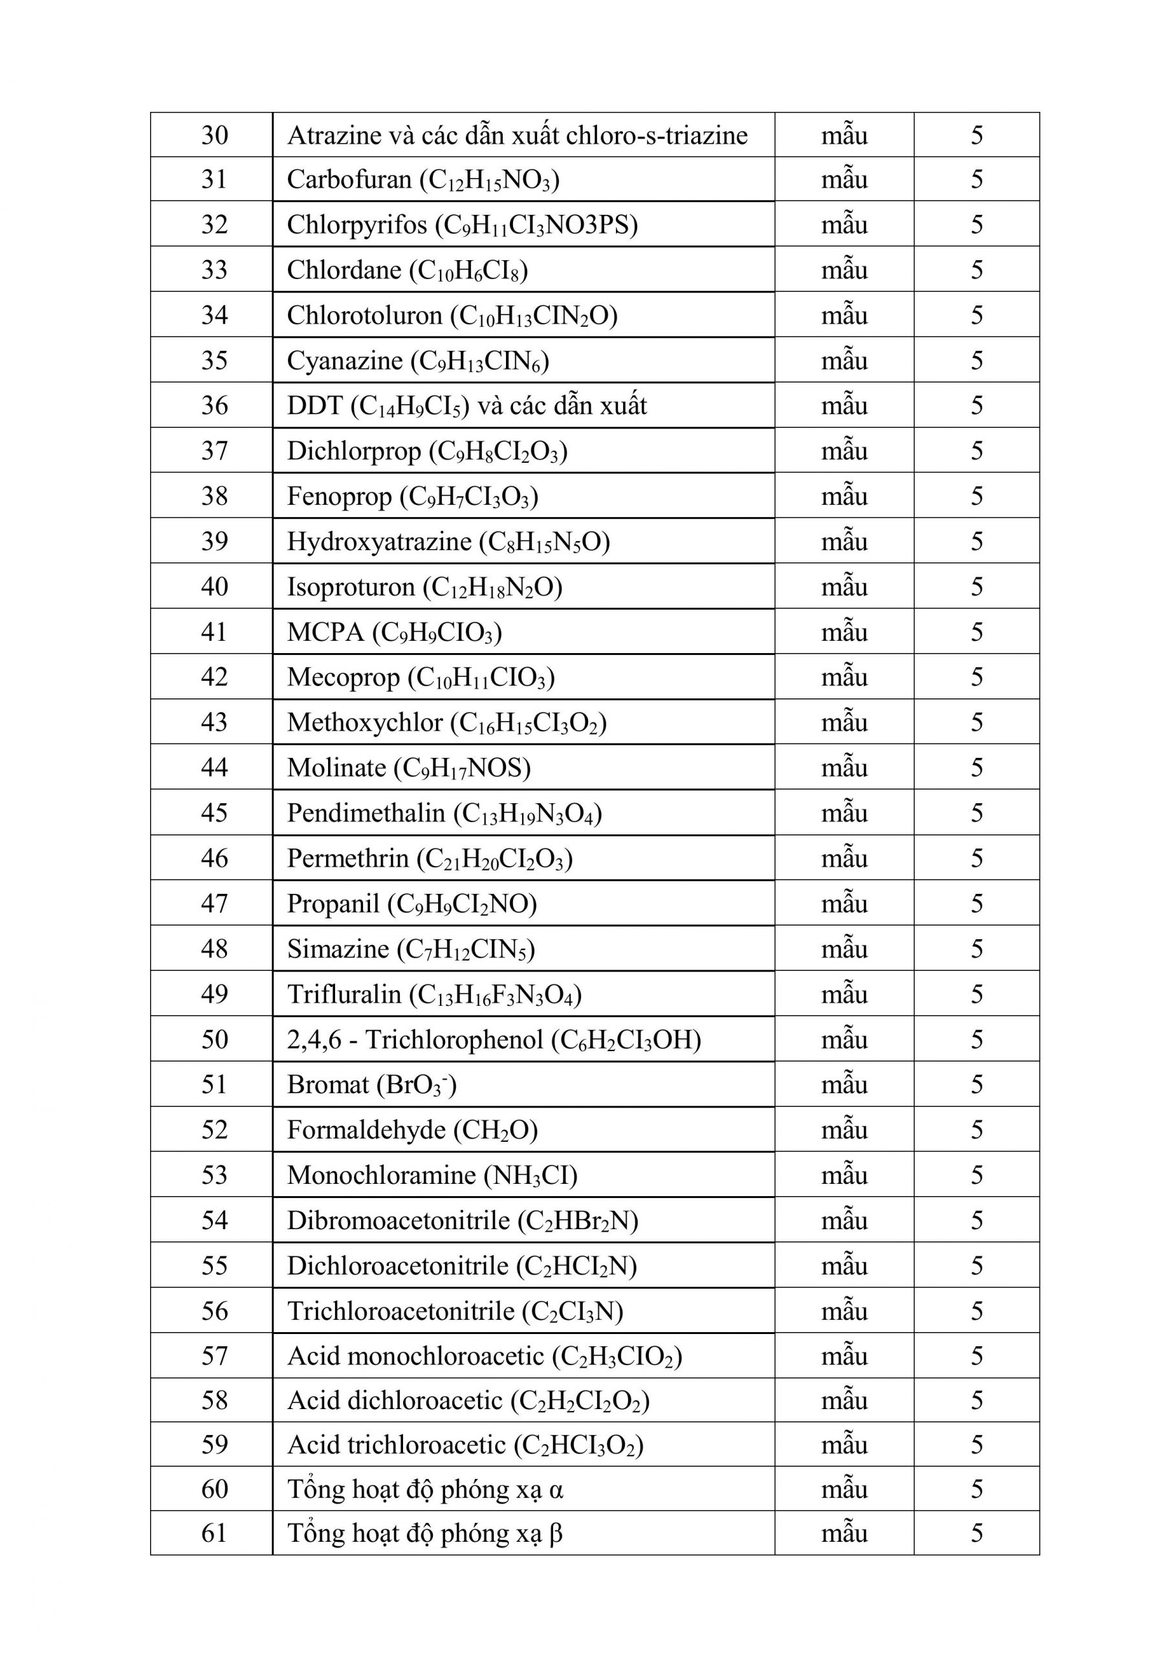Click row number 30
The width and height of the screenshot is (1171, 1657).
[x=214, y=135]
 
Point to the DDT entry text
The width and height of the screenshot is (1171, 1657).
[x=314, y=406]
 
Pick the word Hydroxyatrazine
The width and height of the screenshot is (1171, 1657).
[x=378, y=541]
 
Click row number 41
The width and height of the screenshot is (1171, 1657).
[x=214, y=632]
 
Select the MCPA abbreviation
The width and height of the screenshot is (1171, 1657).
[x=325, y=632]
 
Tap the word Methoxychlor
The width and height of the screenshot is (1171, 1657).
[x=364, y=722]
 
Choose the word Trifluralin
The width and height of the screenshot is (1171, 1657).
[x=344, y=994]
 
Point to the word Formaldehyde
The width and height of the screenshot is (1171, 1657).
[x=366, y=1130]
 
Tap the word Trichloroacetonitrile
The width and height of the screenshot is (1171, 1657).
[x=400, y=1311]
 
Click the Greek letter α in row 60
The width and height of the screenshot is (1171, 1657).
[x=556, y=1489]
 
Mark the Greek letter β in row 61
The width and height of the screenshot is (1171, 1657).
[x=556, y=1533]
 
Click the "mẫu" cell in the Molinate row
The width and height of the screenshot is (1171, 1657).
[x=844, y=768]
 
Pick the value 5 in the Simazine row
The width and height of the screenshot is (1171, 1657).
[x=976, y=949]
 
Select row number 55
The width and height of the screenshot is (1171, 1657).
[x=214, y=1266]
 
